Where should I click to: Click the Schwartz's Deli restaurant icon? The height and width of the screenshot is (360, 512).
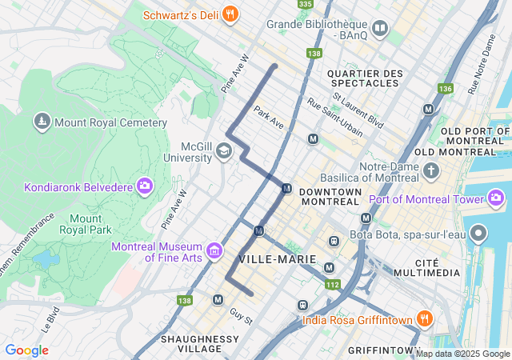(230, 14)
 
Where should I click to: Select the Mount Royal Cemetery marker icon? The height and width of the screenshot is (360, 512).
(41, 122)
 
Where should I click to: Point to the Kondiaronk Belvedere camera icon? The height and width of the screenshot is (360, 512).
(144, 187)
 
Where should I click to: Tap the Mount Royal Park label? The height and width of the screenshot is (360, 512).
(86, 224)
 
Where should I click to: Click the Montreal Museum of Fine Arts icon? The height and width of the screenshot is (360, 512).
(214, 252)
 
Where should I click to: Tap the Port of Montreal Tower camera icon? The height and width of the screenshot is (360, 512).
(496, 198)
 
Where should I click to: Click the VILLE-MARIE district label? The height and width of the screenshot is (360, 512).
(278, 259)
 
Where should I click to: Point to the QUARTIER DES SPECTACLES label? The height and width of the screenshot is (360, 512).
(364, 78)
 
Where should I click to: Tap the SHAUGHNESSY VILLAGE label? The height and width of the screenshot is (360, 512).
(199, 344)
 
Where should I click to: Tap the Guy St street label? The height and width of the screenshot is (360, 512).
(241, 316)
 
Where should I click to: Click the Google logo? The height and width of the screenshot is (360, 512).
(26, 350)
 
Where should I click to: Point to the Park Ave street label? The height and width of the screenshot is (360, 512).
(269, 118)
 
